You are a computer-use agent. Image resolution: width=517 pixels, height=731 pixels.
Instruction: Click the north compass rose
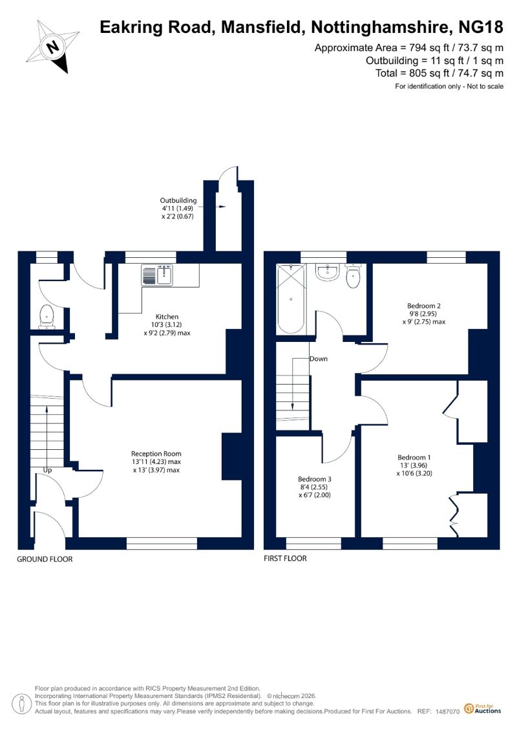click(x=53, y=47)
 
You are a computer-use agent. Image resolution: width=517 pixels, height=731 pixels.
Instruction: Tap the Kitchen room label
click(x=167, y=317)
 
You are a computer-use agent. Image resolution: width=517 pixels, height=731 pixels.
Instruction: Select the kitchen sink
click(x=158, y=275)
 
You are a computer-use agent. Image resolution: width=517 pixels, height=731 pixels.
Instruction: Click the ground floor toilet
click(x=46, y=317)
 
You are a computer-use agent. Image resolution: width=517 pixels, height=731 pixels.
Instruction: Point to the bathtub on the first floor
click(x=290, y=299)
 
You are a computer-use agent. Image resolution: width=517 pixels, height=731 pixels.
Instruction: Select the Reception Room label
click(x=156, y=454)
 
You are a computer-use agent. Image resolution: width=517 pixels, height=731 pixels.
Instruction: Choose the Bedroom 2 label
click(x=424, y=306)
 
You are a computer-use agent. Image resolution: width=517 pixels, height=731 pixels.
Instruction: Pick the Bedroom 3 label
click(x=315, y=479)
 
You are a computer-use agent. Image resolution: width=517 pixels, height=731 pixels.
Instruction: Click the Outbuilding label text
click(x=178, y=200)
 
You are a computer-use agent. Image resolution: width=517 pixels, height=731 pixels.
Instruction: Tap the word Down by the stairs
click(x=319, y=359)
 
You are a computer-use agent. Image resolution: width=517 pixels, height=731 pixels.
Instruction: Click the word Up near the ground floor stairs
click(x=48, y=471)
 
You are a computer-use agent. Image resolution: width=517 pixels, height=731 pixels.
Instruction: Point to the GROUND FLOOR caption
click(x=45, y=559)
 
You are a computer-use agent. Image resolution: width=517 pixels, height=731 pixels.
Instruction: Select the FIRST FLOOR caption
click(x=285, y=558)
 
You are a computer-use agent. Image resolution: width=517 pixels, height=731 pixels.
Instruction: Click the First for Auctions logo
click(x=483, y=709)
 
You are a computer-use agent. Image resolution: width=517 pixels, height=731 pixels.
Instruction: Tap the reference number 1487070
click(x=448, y=712)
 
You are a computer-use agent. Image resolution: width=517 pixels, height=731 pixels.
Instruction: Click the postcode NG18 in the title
click(x=481, y=28)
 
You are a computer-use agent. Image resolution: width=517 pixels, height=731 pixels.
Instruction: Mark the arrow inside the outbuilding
click(x=221, y=207)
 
